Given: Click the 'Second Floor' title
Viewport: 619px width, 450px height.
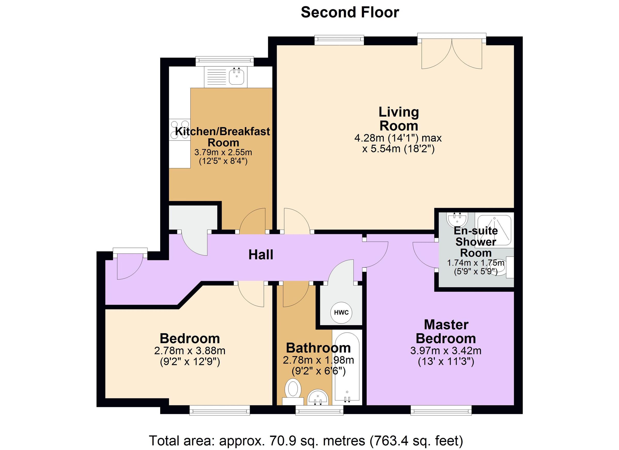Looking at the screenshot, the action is pos(350,13).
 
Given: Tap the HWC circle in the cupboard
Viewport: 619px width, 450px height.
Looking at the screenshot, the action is pos(341,313).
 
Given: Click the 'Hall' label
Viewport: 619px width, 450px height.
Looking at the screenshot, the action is pos(261,255).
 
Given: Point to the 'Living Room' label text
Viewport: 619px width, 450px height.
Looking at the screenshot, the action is pos(399,119).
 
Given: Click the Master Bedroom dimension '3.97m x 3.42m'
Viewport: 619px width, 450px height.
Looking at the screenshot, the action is pos(446,351).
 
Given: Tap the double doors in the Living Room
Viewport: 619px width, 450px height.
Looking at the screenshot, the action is pos(452,53).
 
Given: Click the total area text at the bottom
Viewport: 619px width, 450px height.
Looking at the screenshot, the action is pos(306,441).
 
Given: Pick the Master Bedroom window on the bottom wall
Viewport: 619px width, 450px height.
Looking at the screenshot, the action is pos(441,410).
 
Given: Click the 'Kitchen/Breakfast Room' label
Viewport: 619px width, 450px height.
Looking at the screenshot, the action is pos(223,137).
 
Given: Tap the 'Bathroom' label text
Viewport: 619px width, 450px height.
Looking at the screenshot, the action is pos(318,348).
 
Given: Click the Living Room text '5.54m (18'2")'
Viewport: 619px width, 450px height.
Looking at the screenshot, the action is pos(398,149).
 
